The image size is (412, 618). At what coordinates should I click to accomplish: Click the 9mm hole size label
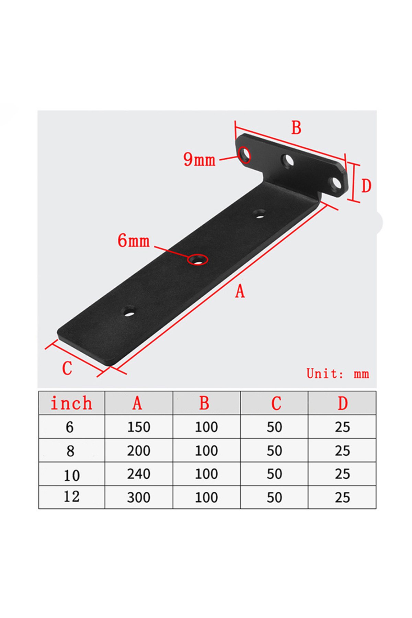click(199, 160)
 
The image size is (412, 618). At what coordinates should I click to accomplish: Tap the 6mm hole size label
click(134, 241)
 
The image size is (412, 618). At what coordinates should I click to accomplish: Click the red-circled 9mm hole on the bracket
click(244, 155)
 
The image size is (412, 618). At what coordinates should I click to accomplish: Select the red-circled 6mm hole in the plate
click(197, 260)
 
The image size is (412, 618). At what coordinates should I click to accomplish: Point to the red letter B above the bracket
click(296, 128)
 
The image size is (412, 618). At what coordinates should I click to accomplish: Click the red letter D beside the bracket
click(366, 186)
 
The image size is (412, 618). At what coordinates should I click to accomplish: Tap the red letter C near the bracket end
click(67, 368)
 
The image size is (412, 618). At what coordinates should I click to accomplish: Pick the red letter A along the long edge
click(240, 291)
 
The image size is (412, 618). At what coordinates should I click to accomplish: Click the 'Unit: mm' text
click(337, 374)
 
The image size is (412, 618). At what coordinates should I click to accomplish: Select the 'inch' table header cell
click(71, 403)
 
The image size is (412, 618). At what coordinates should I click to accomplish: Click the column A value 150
click(139, 427)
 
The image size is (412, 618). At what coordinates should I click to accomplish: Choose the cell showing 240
click(139, 474)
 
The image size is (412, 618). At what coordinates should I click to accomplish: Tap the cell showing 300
click(139, 497)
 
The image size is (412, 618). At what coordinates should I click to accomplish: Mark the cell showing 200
click(139, 450)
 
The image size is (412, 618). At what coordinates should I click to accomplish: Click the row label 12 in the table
click(71, 497)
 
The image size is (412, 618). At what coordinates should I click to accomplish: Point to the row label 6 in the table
click(70, 427)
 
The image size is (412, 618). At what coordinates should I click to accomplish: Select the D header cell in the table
click(342, 403)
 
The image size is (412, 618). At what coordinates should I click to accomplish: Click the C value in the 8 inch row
click(274, 450)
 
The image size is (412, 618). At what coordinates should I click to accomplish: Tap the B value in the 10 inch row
click(206, 474)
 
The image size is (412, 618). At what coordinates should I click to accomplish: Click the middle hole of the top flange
click(288, 161)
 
